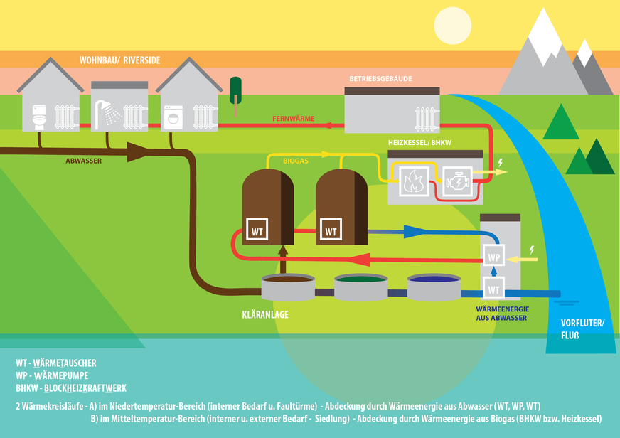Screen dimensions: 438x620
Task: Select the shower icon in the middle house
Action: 107,111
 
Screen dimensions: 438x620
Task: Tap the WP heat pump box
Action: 493,256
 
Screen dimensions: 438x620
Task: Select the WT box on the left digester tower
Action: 256,230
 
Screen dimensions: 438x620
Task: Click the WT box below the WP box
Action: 493,287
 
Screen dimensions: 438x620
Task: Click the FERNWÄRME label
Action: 293,118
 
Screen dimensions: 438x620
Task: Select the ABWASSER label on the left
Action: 83,161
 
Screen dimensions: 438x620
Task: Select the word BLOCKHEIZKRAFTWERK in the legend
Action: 85,388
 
